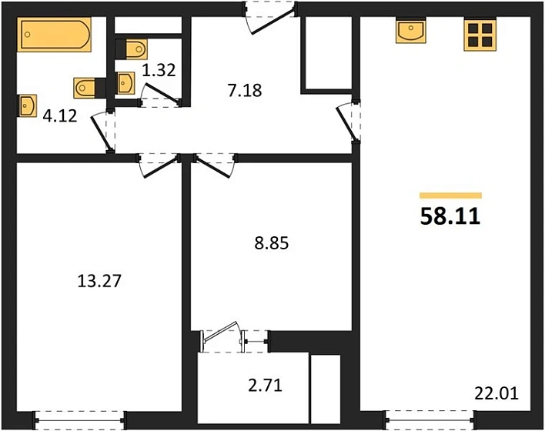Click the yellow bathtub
pos(54,35)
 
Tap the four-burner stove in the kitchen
pos(480,35)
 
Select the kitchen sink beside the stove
pos(411,31)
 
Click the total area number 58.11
pos(450,215)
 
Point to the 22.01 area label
pos(497,394)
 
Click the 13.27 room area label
pos(99,281)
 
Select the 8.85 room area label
pos(272,243)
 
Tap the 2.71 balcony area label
pos(266,386)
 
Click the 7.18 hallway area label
pos(245,90)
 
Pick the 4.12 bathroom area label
pos(60,116)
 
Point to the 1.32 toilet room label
pos(159,70)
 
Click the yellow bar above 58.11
pos(450,195)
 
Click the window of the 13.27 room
pos(79,420)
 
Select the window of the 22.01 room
pos(430,420)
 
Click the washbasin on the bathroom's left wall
pos(27,105)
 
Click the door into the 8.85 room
pos(215,165)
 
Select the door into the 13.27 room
pos(159,165)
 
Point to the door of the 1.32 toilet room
pos(161,95)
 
